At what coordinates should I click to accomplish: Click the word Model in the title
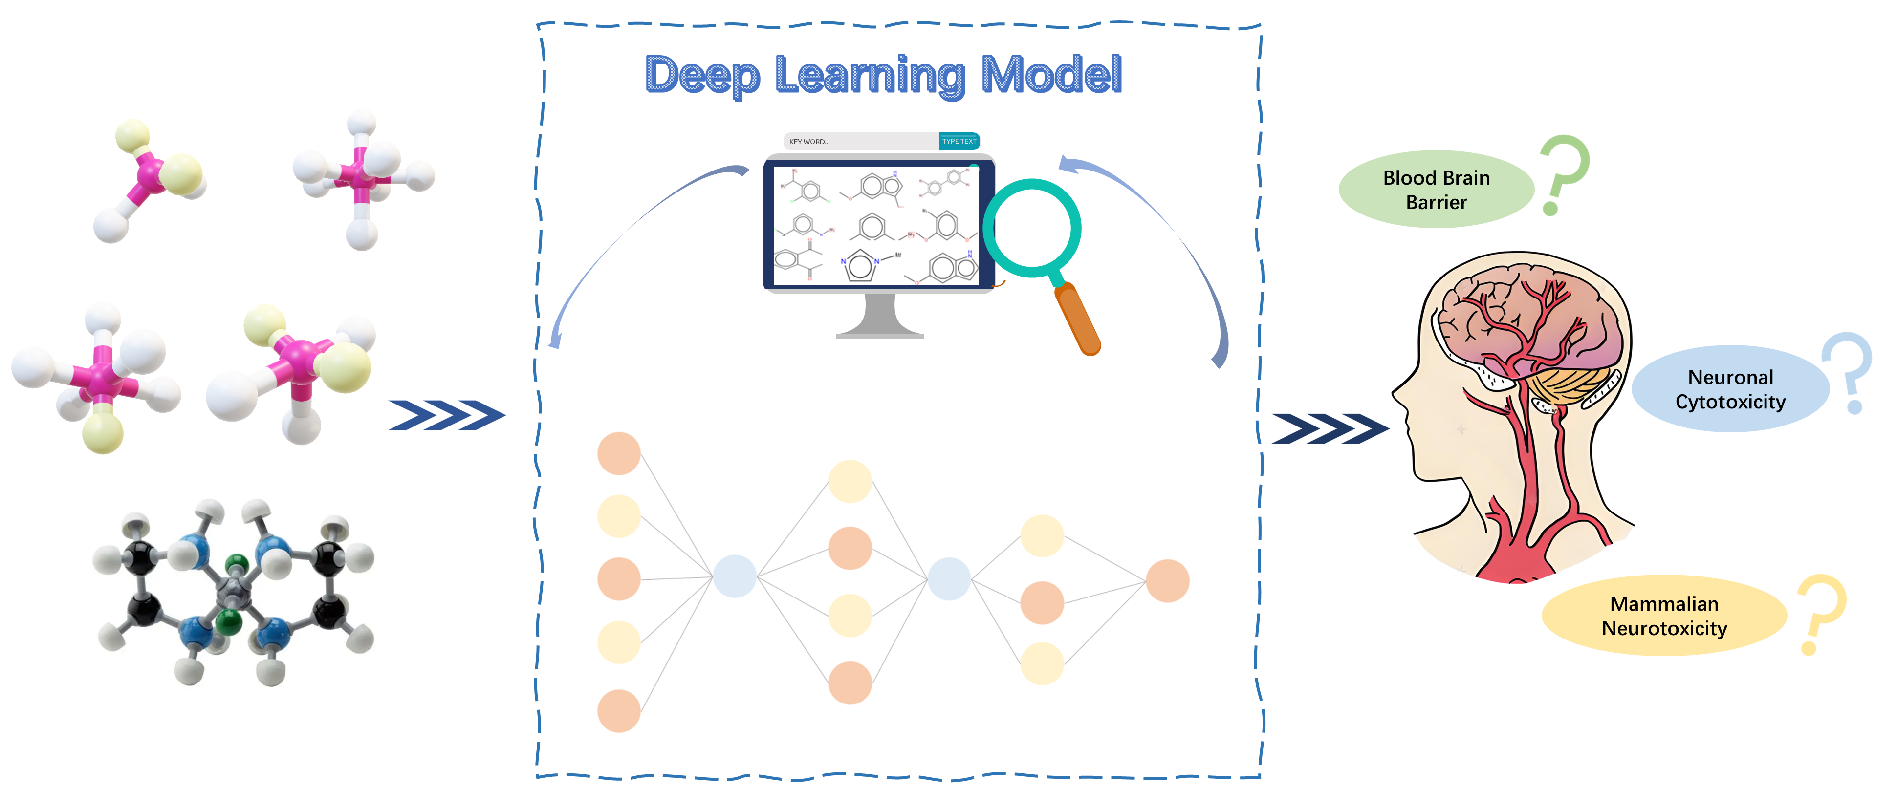point(1051,75)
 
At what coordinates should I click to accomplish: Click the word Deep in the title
point(702,75)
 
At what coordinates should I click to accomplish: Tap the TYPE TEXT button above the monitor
point(959,141)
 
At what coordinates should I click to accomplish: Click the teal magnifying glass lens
point(1032,228)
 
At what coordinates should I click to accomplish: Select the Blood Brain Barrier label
point(1436,190)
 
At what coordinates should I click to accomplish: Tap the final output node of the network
point(1167,581)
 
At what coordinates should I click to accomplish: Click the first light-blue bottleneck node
point(734,576)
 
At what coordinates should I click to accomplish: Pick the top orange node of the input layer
point(619,453)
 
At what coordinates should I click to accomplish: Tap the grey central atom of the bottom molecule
point(234,591)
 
